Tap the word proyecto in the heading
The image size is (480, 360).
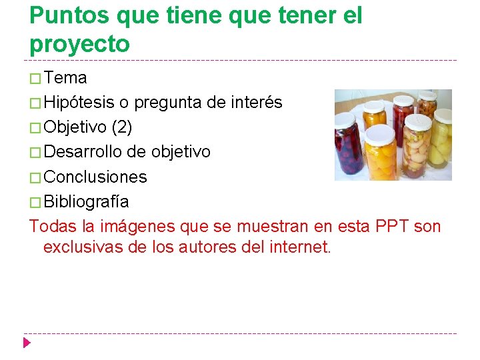tap(79, 44)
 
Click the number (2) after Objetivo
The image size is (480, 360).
tap(121, 127)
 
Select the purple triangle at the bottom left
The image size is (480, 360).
tap(27, 343)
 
